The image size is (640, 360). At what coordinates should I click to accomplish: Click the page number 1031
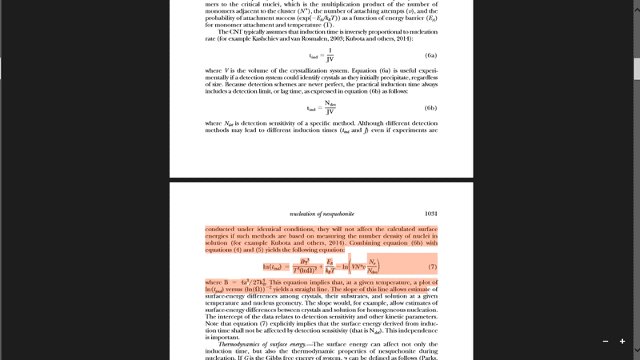click(430, 214)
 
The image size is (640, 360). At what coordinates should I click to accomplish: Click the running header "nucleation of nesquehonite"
click(322, 214)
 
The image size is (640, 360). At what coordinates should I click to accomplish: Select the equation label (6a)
click(430, 55)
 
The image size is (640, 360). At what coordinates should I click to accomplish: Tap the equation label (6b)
click(430, 107)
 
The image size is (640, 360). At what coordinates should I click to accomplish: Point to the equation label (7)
click(432, 266)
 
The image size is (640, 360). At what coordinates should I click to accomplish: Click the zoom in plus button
click(622, 342)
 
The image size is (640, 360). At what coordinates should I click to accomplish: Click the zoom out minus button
click(606, 342)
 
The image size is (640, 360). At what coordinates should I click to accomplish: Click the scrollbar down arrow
click(636, 350)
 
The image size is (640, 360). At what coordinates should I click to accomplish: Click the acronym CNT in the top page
click(236, 32)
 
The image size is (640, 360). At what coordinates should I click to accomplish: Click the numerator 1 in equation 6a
click(330, 50)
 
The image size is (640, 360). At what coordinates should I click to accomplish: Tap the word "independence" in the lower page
click(414, 330)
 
